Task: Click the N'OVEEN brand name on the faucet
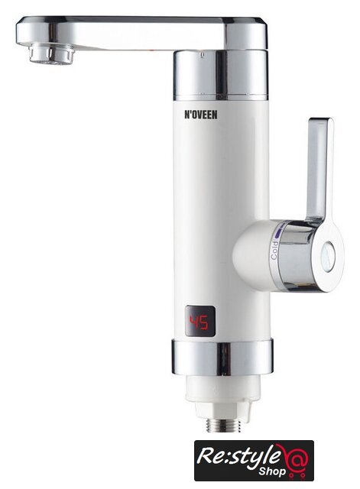tap(199, 115)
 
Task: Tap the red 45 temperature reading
tap(199, 322)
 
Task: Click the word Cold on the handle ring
tap(274, 251)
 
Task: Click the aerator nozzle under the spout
tap(53, 54)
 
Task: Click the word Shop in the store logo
tap(271, 471)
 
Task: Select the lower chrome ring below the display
tap(222, 357)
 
